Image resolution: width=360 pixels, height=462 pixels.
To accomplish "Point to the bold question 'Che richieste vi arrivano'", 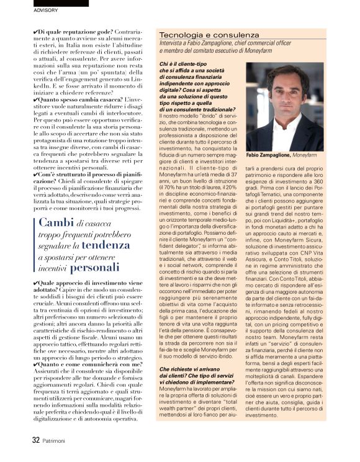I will click(x=191, y=369).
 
